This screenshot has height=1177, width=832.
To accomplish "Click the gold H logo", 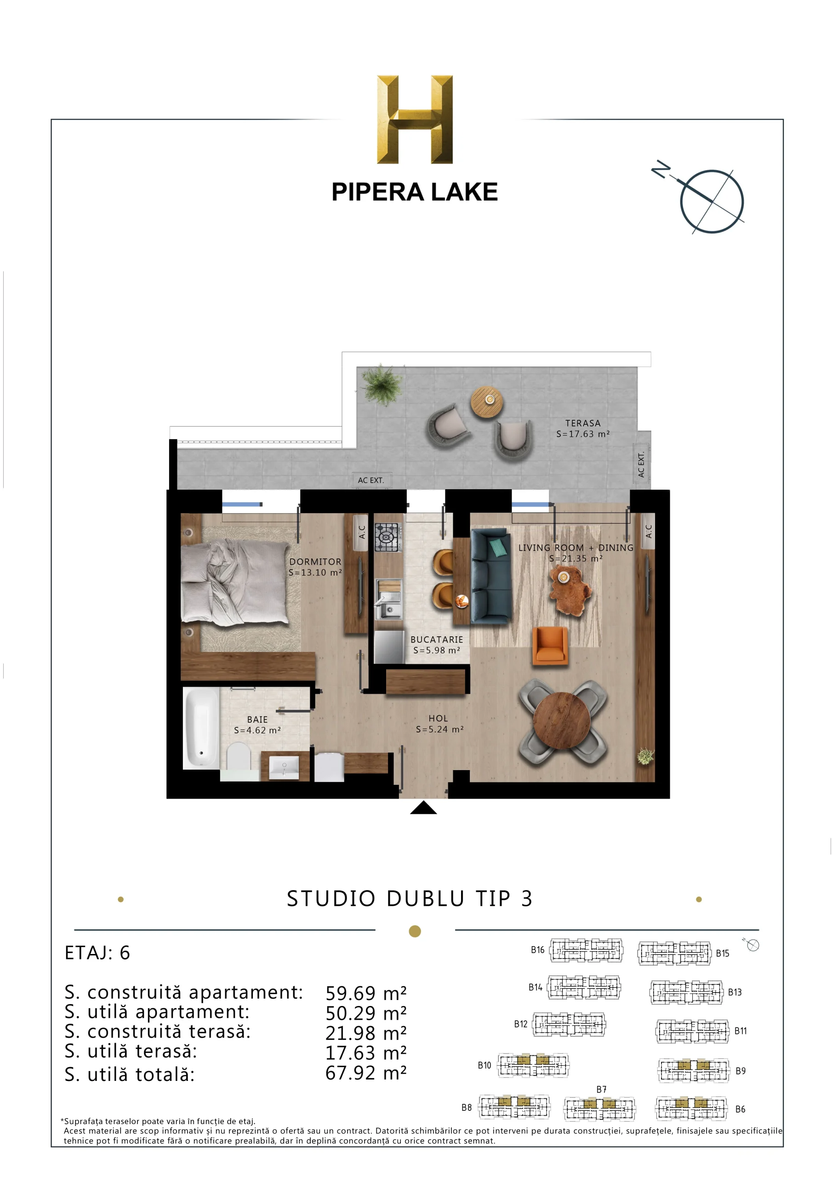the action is coord(415,120).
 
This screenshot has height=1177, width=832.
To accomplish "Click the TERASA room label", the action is coord(583,423).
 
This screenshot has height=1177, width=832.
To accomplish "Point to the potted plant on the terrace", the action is coord(382,384).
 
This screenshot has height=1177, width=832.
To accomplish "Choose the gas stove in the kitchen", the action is coord(387,537).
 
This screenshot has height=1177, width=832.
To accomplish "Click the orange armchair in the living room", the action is coord(550,646).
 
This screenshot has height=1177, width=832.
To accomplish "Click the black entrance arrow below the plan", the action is coord(423,807).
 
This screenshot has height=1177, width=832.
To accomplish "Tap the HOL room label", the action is coord(439,719).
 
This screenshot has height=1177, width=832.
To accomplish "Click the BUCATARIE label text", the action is coord(437,639).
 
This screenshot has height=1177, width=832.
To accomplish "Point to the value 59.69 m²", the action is coord(366,994).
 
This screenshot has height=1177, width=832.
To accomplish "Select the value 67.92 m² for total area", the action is coord(366,1073).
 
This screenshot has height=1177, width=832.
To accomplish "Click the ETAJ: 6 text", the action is coord(97,953).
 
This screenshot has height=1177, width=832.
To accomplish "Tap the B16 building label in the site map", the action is coord(537,950).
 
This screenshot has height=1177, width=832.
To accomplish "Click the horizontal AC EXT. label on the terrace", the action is coord(370,480).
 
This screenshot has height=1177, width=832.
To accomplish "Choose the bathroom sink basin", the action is coord(284,767).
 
